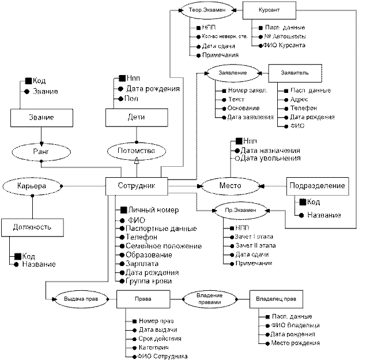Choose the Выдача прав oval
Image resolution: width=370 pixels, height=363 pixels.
(80, 299)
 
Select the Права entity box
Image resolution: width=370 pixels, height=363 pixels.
(143, 299)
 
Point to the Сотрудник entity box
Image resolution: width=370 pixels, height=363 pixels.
(136, 186)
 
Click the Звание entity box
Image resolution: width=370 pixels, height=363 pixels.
(43, 118)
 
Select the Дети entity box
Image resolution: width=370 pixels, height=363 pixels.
(137, 118)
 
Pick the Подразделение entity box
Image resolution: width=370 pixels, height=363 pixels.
(318, 186)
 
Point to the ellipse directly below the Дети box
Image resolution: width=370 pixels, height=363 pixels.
(137, 151)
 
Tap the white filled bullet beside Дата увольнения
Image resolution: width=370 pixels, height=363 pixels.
(236, 158)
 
